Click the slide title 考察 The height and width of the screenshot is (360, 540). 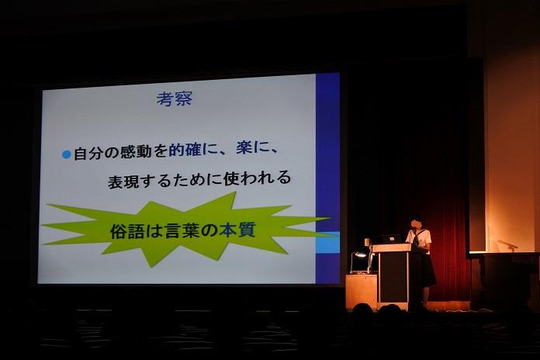(x=175, y=99)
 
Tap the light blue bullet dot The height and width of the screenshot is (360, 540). (x=67, y=154)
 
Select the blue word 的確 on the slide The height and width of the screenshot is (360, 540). (x=185, y=151)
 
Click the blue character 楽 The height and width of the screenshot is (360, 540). (x=244, y=147)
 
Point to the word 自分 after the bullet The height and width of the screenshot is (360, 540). (x=89, y=154)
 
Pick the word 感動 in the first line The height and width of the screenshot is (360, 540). (x=135, y=152)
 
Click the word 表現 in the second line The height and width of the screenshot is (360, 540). (x=123, y=182)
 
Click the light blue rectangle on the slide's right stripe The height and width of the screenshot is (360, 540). (x=328, y=243)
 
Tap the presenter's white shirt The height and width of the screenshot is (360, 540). (x=419, y=238)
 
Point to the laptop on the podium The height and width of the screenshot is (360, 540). (x=392, y=238)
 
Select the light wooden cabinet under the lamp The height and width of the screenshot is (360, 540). (x=362, y=291)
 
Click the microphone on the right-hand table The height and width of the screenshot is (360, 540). (x=507, y=244)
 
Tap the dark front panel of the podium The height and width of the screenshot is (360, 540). (x=393, y=277)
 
